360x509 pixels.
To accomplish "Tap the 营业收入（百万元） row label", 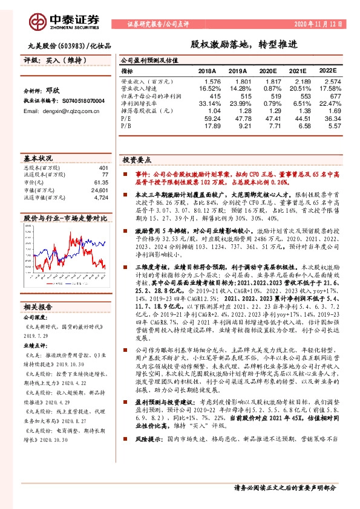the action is tap(146, 81).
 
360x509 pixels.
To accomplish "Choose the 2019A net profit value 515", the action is tap(238, 96).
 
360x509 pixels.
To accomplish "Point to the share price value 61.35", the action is tap(100, 182).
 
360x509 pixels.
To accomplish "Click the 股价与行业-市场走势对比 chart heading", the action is tap(56, 217).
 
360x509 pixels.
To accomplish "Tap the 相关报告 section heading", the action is tap(40, 306).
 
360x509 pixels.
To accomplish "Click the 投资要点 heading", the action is tap(136, 161).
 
